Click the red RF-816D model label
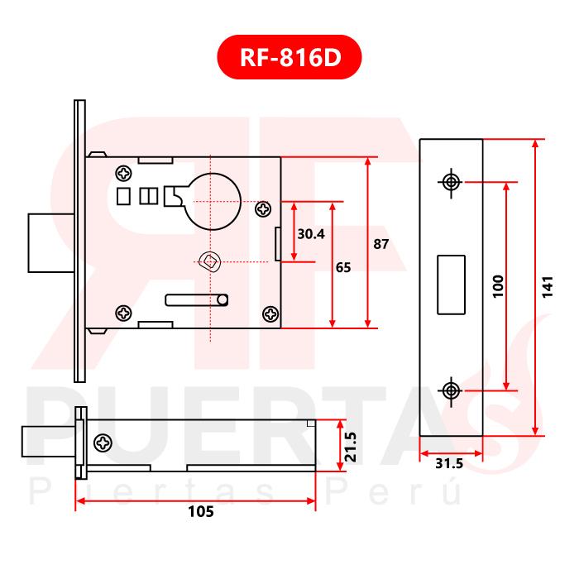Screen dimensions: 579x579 [289, 57]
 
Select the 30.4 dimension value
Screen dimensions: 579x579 [311, 234]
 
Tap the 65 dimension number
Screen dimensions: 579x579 [343, 267]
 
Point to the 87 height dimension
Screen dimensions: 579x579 [380, 244]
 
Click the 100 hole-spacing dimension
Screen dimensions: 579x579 [498, 286]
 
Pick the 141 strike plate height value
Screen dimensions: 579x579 [548, 287]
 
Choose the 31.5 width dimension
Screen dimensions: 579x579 [449, 463]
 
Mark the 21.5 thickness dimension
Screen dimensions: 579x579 [350, 447]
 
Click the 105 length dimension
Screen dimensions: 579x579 [201, 512]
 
